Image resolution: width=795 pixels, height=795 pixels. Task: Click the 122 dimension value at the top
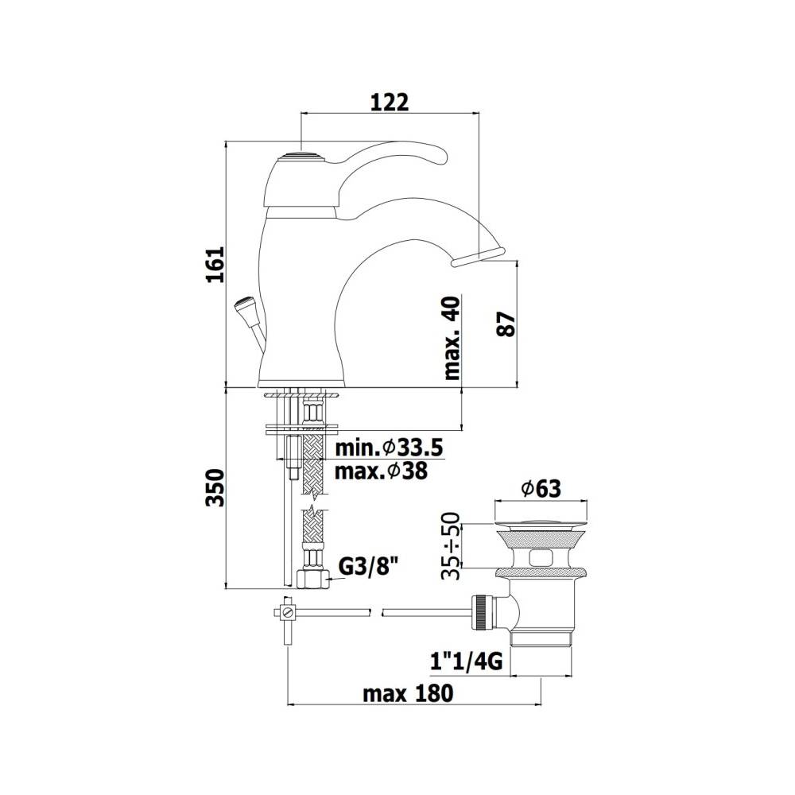[x=389, y=102]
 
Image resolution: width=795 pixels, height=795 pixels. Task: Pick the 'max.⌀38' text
[x=381, y=471]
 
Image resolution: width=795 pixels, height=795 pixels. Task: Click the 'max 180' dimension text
[x=408, y=693]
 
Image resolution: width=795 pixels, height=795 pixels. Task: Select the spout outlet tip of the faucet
[x=477, y=255]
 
